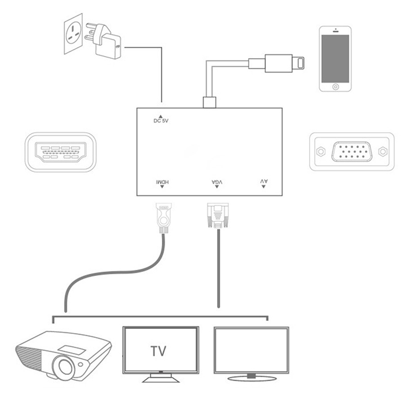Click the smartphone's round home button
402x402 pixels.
[x=336, y=86]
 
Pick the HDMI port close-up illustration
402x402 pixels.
[x=60, y=151]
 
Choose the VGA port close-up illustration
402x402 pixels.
[x=350, y=151]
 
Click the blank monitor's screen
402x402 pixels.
[x=251, y=349]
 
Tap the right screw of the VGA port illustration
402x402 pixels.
[x=383, y=151]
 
